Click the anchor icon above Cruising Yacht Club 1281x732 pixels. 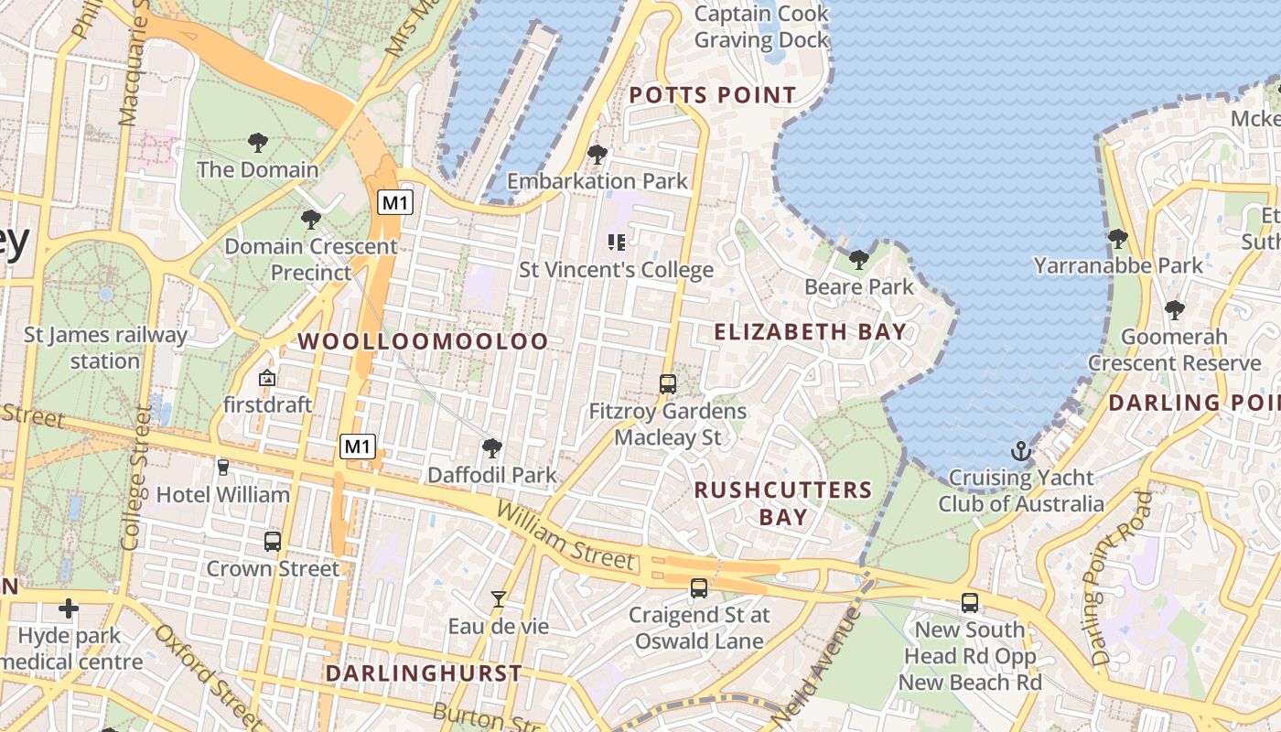pos(1020,450)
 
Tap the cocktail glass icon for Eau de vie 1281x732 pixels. pos(498,599)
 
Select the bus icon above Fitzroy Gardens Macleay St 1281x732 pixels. pos(668,384)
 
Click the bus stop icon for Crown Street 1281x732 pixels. pos(273,541)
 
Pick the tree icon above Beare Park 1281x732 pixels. pos(858,260)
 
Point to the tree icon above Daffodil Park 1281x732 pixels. pos(492,448)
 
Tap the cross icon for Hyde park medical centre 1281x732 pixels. pos(69,608)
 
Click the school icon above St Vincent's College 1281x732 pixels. pos(617,242)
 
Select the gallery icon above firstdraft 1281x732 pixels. pos(267,377)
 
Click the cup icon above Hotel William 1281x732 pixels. pos(223,468)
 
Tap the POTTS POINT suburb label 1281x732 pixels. pos(713,95)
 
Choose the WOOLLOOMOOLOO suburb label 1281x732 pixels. pos(424,341)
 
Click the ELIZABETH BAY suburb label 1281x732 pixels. pos(810,332)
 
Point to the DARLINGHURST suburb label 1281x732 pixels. pos(424,673)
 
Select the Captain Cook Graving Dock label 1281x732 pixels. pos(761,27)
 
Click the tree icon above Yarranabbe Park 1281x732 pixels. pos(1117,239)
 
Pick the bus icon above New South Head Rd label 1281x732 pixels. pos(970,603)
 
